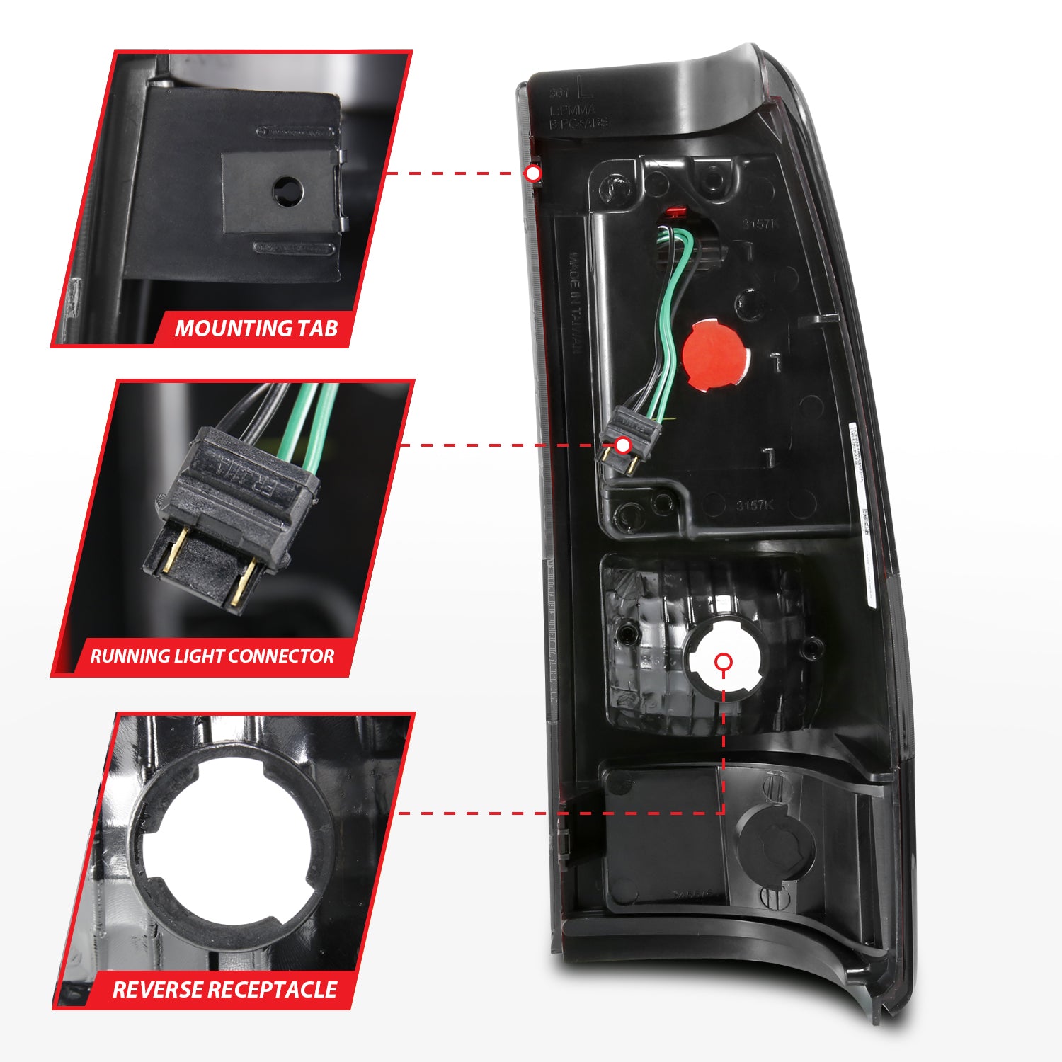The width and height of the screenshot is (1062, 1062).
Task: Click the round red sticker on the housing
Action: coord(716,353)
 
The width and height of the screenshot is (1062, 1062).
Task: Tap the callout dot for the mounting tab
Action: coord(533,173)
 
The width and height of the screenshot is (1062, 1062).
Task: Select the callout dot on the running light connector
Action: coord(623,445)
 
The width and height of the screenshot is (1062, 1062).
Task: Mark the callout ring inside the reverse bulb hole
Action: coord(724,663)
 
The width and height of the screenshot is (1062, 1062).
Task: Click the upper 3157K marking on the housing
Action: coord(760,224)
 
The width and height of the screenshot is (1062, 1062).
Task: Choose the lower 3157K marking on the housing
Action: coord(755,505)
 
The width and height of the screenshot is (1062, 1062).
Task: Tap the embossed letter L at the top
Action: coord(585,90)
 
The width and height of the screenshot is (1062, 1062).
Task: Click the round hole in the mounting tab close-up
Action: coord(287,190)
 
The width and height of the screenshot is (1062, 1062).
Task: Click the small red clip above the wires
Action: coord(677,211)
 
